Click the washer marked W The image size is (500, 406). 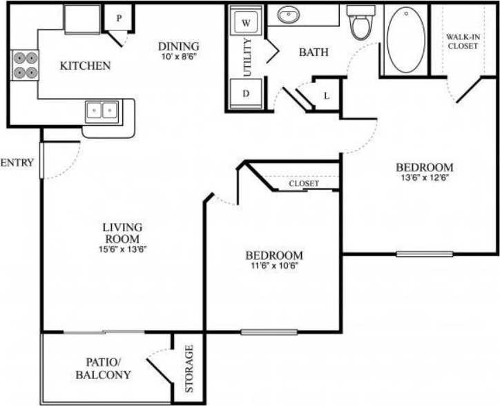tap(245, 22)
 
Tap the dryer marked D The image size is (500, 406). tap(245, 95)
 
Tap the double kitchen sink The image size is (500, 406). tap(102, 110)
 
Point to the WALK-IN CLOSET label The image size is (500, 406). tap(462, 41)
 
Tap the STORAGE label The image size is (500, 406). tap(189, 369)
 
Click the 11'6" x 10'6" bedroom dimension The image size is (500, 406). tap(274, 267)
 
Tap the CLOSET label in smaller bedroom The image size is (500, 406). tap(304, 184)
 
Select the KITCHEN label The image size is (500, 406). tap(85, 66)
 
